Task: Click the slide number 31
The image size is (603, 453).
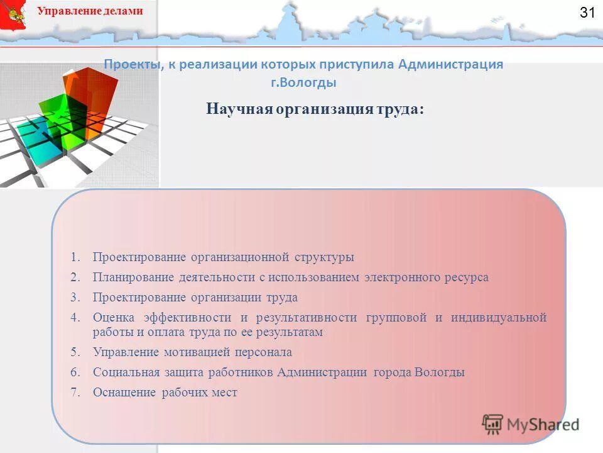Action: point(587,13)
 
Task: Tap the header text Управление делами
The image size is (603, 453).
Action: point(90,11)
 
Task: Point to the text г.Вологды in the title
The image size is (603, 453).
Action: point(303,82)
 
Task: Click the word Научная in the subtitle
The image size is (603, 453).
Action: point(238,109)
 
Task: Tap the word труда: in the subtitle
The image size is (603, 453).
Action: point(399,109)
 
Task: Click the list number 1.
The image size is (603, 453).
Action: point(75,257)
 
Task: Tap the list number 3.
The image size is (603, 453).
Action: point(75,298)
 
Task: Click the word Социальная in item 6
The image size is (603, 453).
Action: point(124,372)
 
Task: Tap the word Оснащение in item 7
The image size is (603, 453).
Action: point(124,393)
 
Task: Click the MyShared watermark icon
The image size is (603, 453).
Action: point(493,424)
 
